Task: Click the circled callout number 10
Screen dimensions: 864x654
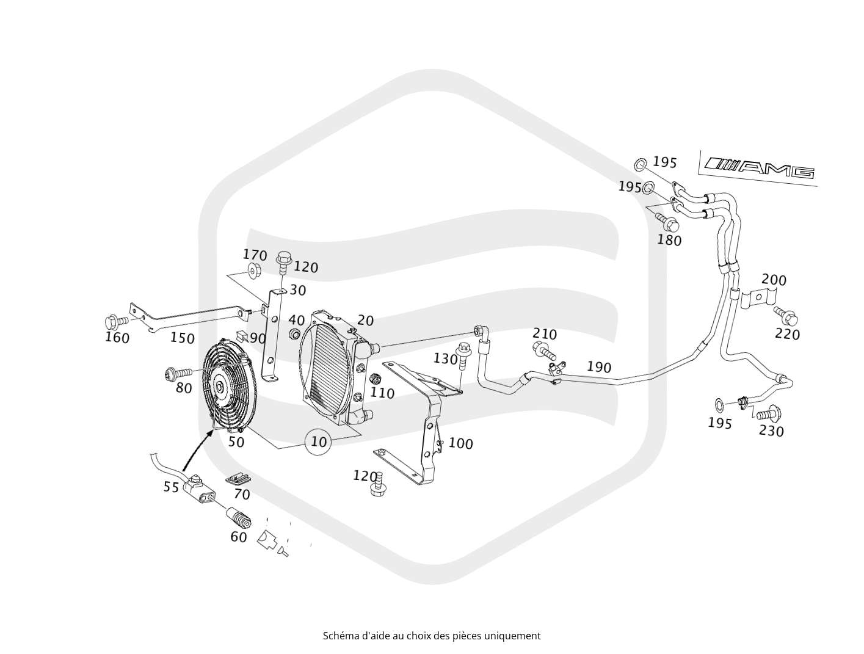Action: pos(319,441)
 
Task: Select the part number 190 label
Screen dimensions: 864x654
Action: pos(599,367)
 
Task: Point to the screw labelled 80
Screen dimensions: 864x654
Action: pos(178,372)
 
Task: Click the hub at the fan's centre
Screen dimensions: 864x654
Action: pos(219,387)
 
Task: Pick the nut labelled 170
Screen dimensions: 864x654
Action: pos(252,272)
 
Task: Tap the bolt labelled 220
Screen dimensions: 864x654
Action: pos(785,315)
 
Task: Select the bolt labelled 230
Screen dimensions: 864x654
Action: pos(769,413)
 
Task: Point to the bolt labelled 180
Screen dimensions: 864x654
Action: pos(667,222)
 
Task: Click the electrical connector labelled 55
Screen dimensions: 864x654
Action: pos(201,489)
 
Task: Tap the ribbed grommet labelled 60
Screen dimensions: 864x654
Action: pos(239,518)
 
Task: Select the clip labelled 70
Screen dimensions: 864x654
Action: pos(239,479)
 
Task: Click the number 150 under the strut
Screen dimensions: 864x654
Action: pos(182,338)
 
